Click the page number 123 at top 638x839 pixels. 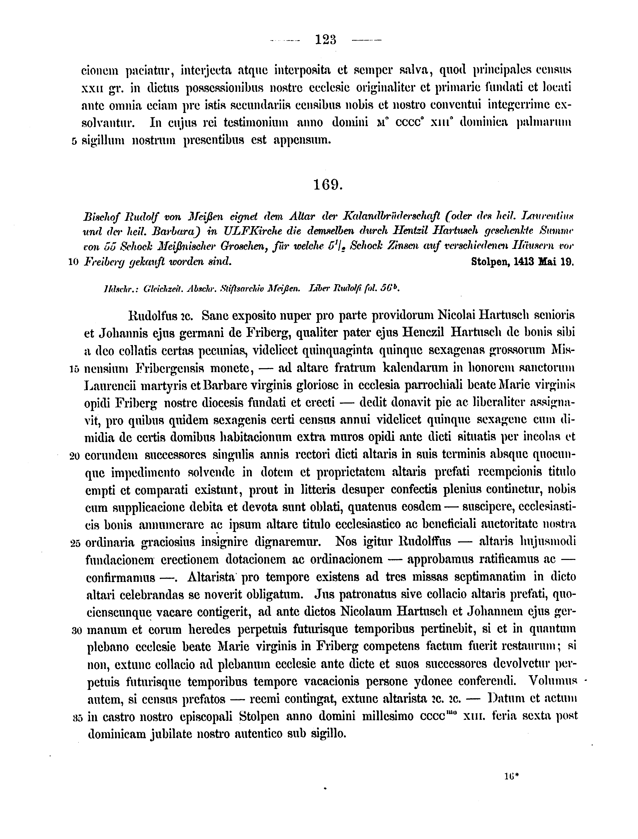tap(326, 40)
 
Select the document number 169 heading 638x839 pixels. tap(328, 185)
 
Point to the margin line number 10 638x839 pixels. tap(73, 262)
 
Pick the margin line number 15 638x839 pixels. tap(74, 369)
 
